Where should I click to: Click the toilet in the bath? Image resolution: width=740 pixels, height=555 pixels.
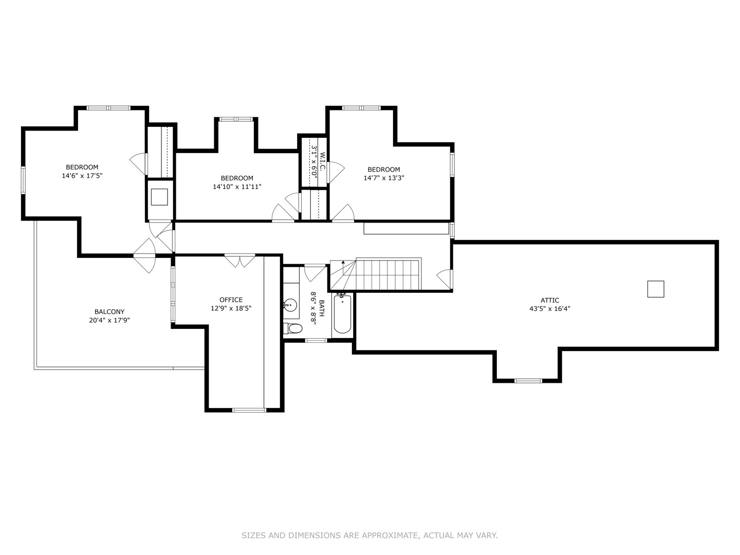click(x=292, y=328)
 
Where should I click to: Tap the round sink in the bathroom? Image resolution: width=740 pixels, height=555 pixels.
click(x=290, y=306)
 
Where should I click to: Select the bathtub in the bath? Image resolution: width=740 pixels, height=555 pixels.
click(x=342, y=313)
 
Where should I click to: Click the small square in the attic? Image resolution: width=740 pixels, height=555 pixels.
click(x=656, y=289)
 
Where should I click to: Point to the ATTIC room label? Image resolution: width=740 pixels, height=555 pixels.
click(x=550, y=300)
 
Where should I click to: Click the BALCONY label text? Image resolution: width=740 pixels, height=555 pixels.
click(x=109, y=312)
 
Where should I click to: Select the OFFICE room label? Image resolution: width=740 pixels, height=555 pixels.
click(x=231, y=300)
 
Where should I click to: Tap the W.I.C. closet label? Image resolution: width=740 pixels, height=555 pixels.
click(x=322, y=161)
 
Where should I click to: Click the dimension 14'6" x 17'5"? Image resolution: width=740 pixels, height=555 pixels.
click(x=82, y=176)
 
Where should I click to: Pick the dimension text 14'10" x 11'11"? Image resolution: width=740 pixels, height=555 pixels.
click(x=237, y=187)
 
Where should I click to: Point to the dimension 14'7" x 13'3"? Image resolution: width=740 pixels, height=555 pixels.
click(x=384, y=178)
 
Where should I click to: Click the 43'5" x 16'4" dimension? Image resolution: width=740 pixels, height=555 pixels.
click(x=550, y=309)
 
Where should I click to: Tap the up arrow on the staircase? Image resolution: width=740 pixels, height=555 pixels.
click(x=343, y=267)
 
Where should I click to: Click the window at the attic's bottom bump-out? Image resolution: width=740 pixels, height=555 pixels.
click(x=528, y=381)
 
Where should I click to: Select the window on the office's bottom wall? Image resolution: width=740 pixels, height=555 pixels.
click(x=249, y=410)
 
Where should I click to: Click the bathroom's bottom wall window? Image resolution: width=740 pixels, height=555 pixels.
click(x=316, y=340)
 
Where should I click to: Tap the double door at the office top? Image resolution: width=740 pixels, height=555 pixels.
click(x=240, y=261)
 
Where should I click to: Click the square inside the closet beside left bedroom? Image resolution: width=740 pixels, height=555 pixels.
click(x=159, y=197)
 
